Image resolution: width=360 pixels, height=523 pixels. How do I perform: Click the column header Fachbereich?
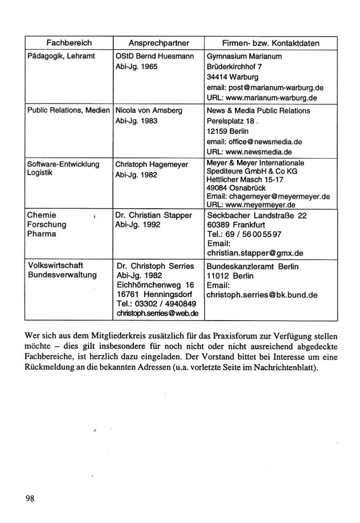(69, 42)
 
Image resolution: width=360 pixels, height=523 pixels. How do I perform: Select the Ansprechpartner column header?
(159, 42)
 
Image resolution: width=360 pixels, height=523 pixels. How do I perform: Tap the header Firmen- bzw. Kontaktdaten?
(271, 42)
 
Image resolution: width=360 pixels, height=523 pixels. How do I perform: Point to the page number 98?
(29, 498)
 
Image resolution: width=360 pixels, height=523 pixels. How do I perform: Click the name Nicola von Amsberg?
(149, 111)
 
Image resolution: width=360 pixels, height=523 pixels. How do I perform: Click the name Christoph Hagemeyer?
(151, 165)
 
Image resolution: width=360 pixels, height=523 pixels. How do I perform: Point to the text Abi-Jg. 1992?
(138, 225)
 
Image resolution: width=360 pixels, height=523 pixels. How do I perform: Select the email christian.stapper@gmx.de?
(255, 253)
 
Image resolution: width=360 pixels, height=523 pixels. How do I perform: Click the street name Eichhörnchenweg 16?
(155, 285)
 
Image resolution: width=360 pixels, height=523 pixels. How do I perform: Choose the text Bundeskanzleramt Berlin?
(253, 266)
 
